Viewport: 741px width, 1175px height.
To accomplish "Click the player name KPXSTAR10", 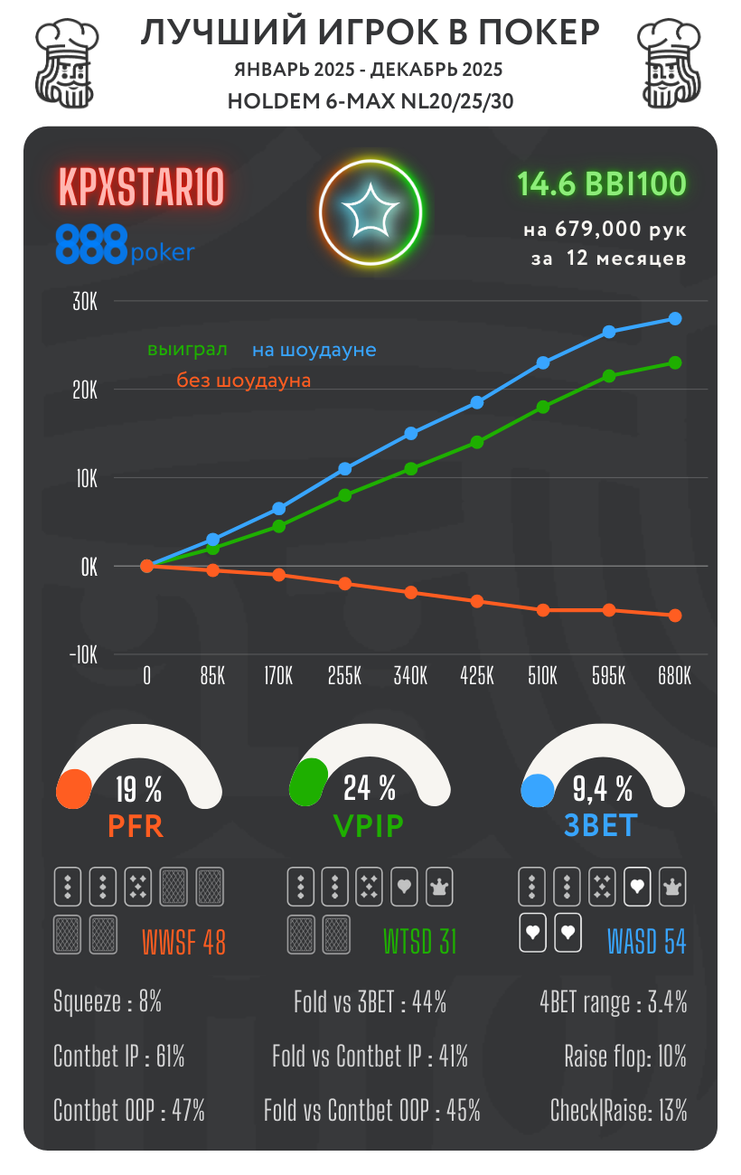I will [141, 188].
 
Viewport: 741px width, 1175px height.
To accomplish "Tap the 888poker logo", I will [125, 245].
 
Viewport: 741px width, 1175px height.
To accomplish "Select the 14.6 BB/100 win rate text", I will [602, 184].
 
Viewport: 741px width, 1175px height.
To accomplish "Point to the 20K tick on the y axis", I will [85, 390].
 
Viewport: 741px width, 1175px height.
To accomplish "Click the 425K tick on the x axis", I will [476, 676].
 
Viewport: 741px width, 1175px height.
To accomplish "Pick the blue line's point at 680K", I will [675, 318].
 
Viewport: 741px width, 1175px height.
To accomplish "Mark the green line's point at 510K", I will [543, 407].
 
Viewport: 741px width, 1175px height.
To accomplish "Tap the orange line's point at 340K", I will [411, 592].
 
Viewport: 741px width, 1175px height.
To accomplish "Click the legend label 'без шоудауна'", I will [243, 381].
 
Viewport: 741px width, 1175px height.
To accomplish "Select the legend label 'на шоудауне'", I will [314, 350].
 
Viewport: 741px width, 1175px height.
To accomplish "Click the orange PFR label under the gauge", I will [136, 825].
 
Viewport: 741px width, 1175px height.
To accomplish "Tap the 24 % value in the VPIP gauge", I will [370, 789].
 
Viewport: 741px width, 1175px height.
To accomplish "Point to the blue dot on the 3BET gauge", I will [538, 790].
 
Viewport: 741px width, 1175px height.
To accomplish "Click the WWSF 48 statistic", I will [183, 943].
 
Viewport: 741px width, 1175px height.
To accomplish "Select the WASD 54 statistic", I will [647, 943].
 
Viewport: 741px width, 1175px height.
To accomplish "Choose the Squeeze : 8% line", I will [108, 1001].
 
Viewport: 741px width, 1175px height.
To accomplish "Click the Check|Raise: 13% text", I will [618, 1110].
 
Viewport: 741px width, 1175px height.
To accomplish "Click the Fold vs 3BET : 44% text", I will [370, 1001].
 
